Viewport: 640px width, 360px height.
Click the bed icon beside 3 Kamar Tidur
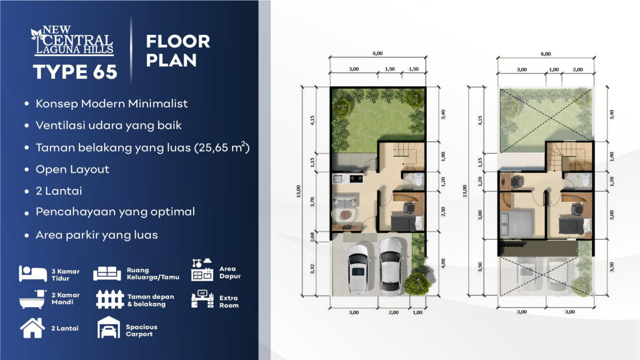(33, 274)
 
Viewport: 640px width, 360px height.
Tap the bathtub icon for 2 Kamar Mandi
(33, 299)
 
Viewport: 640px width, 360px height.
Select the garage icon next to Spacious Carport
(109, 327)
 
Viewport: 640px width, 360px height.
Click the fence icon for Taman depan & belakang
(110, 299)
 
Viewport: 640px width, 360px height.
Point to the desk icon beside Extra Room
(202, 299)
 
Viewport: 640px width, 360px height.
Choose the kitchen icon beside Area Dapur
(202, 270)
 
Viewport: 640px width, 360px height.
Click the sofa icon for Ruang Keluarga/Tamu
(107, 274)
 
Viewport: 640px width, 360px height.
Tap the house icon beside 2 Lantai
(33, 328)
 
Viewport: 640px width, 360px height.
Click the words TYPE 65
(75, 71)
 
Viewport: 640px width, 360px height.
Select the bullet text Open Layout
(73, 170)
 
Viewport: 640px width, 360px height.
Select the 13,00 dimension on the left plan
(299, 191)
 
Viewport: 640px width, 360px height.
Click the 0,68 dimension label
(312, 237)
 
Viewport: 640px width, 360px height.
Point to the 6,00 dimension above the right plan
(546, 54)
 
